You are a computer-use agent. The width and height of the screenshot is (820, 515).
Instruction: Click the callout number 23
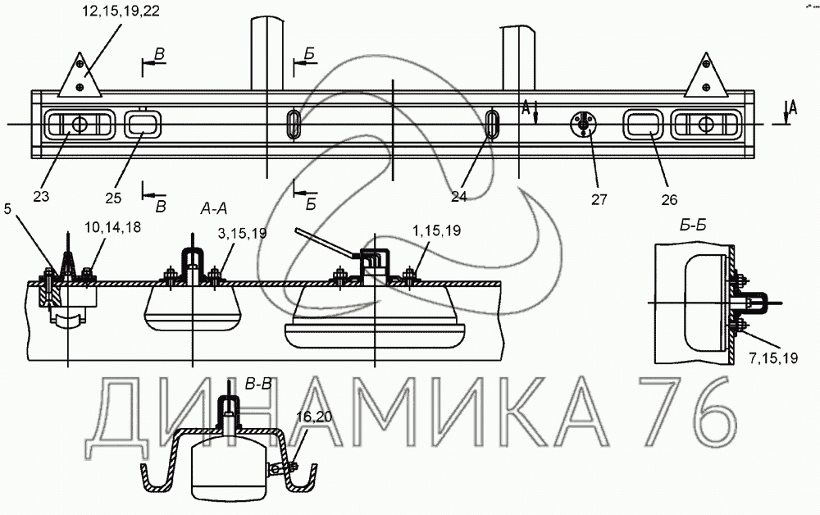point(42,195)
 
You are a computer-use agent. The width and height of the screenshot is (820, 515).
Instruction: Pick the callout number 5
point(7,208)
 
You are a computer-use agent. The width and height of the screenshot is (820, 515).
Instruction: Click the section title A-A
point(214,209)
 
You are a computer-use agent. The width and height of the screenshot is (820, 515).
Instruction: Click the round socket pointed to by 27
point(582,124)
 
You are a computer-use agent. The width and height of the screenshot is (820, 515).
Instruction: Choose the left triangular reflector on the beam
point(80,76)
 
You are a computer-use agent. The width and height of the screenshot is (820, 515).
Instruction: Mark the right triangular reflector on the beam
point(707,76)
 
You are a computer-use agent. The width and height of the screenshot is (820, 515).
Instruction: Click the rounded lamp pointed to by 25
point(143,125)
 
